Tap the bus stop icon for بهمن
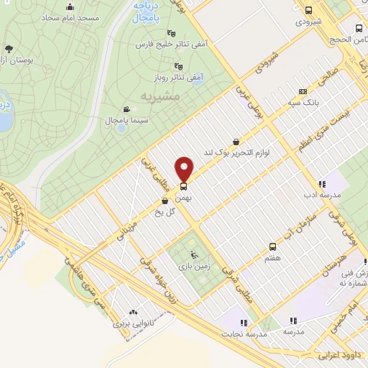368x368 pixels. click(183, 187)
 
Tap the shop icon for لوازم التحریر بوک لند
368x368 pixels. click(236, 142)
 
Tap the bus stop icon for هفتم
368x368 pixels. click(272, 246)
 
